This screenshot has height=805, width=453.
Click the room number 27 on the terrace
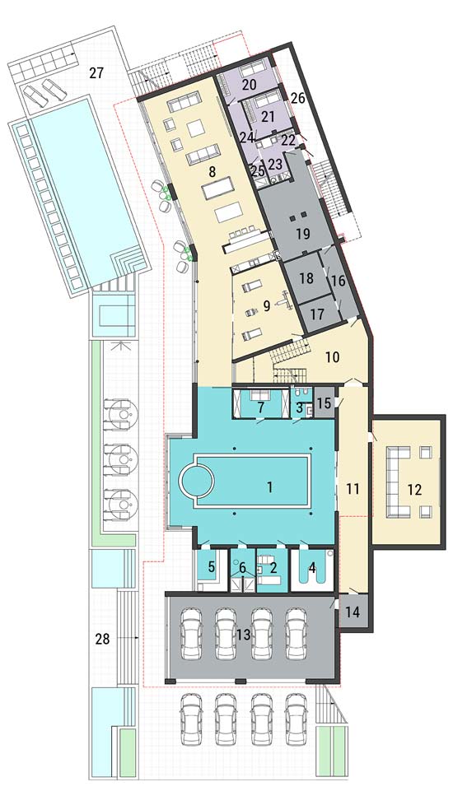click(x=96, y=73)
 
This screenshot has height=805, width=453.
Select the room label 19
click(x=303, y=234)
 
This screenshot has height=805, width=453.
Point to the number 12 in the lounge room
click(x=414, y=489)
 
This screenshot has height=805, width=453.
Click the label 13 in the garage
click(x=244, y=635)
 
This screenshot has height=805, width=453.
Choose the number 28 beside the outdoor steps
click(x=103, y=639)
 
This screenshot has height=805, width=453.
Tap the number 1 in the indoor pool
click(x=269, y=487)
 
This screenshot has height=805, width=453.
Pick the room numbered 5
click(x=210, y=566)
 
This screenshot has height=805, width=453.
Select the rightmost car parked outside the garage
click(x=297, y=719)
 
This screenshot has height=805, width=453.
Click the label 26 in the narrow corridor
click(x=298, y=98)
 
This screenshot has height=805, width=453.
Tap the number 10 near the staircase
click(x=332, y=356)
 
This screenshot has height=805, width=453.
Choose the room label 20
click(x=249, y=85)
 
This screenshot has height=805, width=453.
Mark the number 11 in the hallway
click(x=353, y=489)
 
